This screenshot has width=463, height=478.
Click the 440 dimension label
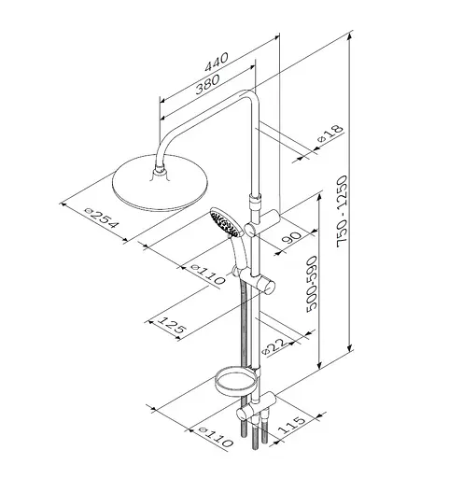tap(217, 63)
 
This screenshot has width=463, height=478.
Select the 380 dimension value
tap(207, 84)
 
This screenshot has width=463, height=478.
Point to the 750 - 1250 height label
tap(343, 211)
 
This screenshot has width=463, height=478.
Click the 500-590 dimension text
tap(312, 284)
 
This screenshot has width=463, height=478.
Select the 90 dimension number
tap(291, 237)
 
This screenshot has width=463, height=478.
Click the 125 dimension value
tap(171, 327)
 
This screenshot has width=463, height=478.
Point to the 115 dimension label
tap(291, 425)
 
